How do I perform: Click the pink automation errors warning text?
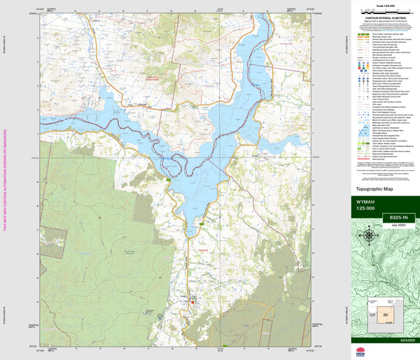pos(5,180)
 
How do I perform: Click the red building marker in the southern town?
pos(194,303)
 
